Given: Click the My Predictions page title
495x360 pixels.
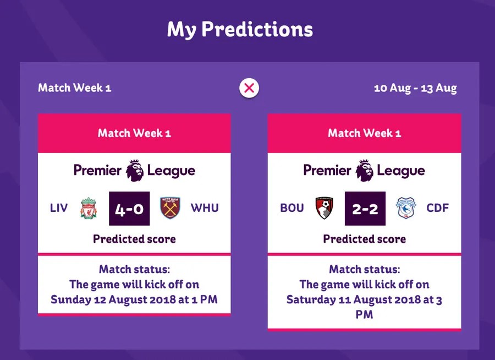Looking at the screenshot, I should coord(240,29).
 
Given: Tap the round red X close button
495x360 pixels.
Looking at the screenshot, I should coord(249,88).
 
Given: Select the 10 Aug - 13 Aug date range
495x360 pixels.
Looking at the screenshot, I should coord(415,88).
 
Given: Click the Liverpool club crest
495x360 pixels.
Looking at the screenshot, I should coord(88,208).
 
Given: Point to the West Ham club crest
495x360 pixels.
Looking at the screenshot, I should coord(170,208).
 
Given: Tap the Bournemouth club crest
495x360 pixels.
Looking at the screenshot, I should coord(324,208).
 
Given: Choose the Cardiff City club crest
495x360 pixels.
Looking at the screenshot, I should coord(406,208).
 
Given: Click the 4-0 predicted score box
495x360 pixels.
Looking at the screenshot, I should coord(129,209).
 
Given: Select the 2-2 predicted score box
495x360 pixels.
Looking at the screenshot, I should coord(365,209).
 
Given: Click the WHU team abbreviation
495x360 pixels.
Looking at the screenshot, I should coord(205,208).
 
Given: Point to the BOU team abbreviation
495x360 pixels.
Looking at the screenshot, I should coord(291,208).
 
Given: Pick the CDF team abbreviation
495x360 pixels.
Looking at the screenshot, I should coord(438,208).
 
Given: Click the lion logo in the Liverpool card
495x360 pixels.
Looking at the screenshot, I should coord(135,170).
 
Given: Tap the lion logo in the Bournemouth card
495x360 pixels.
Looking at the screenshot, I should coord(365,170).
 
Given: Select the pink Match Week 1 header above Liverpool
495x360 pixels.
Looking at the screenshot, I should coord(134,133).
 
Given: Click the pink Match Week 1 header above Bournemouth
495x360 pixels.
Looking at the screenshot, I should coord(364,133).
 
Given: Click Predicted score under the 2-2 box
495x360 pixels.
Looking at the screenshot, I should coord(364,239).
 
